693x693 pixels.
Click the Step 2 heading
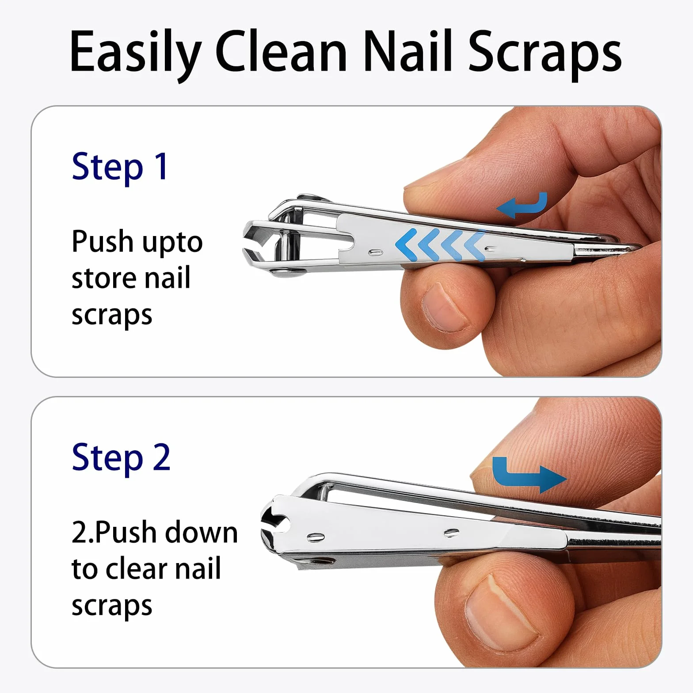tap(121, 458)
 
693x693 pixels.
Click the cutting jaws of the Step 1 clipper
tap(256, 244)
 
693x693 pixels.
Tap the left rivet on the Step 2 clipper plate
tap(316, 537)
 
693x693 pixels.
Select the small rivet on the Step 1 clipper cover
tap(377, 252)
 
